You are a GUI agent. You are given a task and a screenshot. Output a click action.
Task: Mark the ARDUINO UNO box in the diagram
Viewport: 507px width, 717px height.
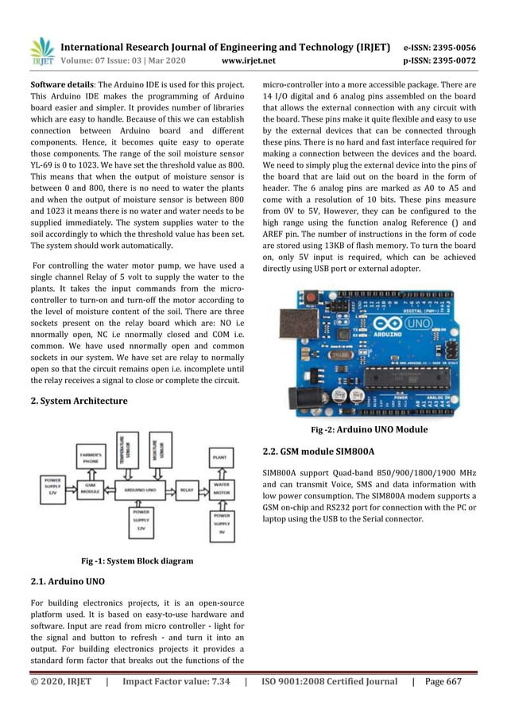tap(142, 490)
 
